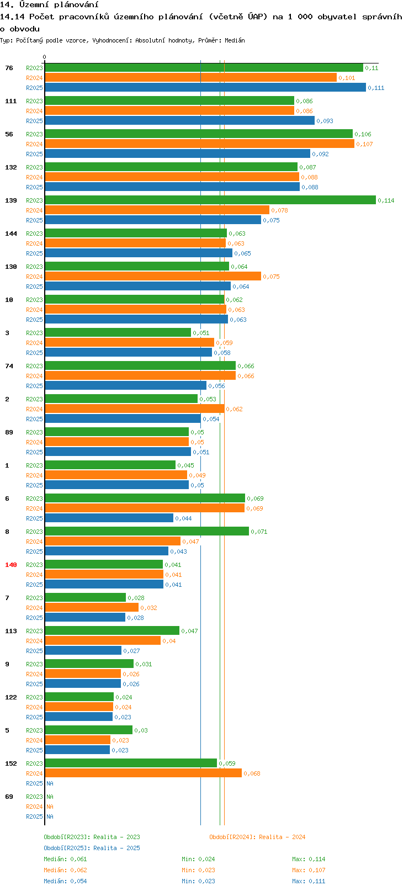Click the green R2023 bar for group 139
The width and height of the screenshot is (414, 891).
coord(210,200)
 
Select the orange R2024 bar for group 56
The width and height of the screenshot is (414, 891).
coord(199,144)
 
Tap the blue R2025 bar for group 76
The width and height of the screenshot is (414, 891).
coord(205,88)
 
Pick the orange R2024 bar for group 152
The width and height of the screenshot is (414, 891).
coord(143,773)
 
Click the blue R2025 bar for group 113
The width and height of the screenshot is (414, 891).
coord(83,651)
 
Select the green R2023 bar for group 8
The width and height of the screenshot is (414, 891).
coord(146,532)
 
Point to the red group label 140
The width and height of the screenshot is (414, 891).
coord(11,565)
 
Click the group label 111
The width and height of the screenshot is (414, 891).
coord(11,101)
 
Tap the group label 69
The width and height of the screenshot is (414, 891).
coord(9,797)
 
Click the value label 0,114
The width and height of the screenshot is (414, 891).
coord(386,200)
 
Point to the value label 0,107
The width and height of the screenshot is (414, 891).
coord(364,144)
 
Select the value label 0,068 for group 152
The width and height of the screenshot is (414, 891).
coord(252,773)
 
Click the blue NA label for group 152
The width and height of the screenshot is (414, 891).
coord(50,783)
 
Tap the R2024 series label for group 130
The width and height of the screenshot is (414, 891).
coord(34,277)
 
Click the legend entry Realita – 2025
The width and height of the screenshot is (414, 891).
coord(92,848)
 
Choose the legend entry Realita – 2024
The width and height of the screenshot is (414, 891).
coord(257,837)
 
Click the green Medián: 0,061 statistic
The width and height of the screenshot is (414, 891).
coord(65,859)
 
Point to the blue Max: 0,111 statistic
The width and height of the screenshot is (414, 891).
coord(309,881)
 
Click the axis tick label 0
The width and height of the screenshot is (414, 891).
coord(45,57)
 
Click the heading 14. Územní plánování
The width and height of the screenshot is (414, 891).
coord(50,5)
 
